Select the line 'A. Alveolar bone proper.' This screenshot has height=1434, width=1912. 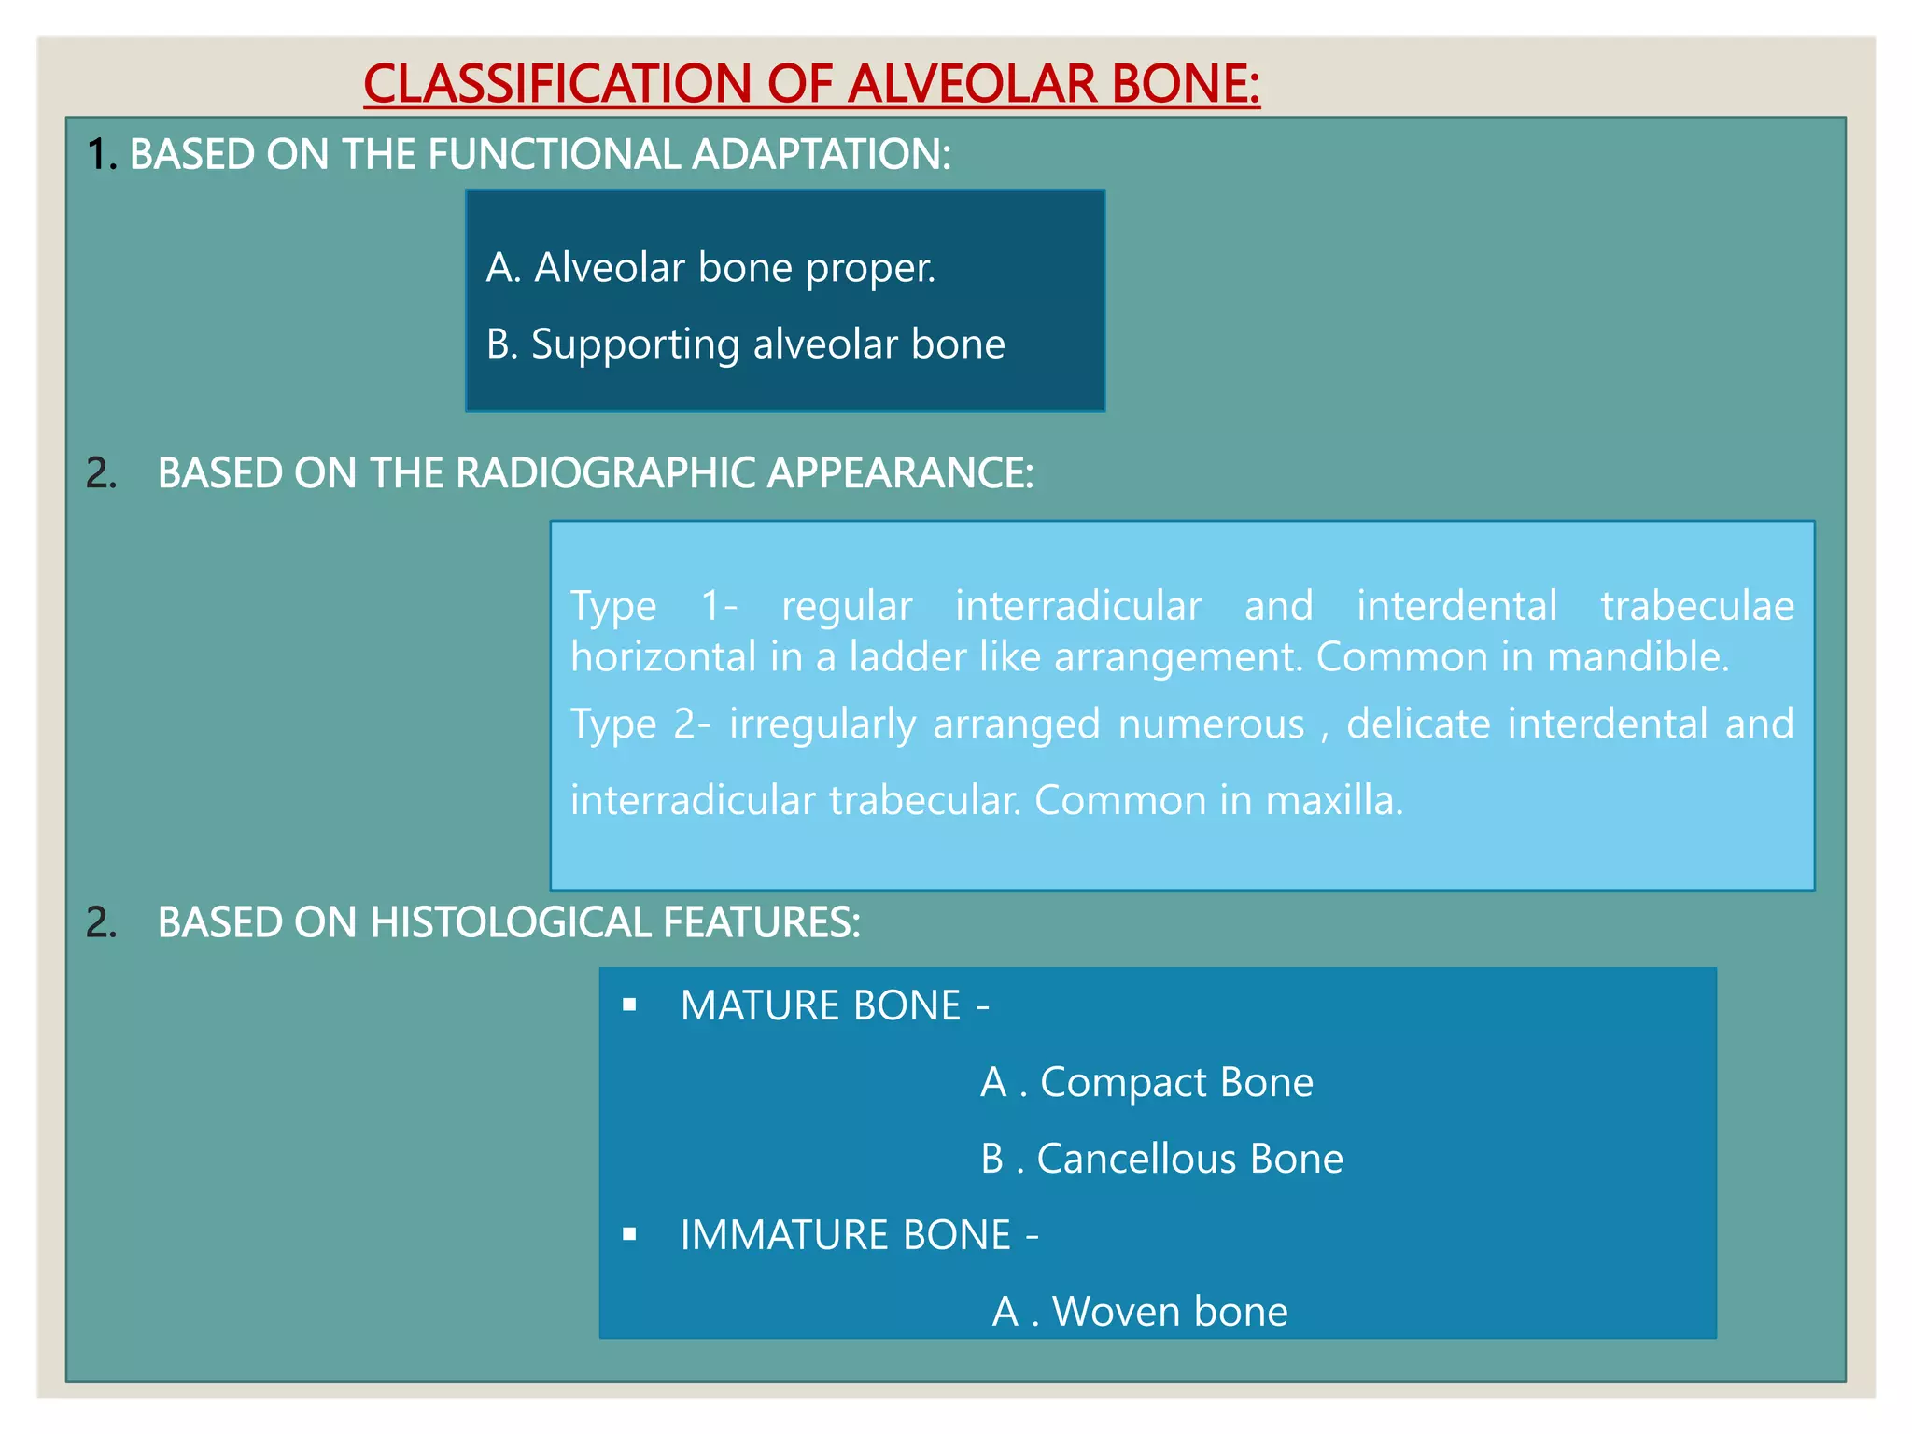pyautogui.click(x=710, y=268)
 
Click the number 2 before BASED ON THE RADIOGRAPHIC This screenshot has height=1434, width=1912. pyautogui.click(x=101, y=473)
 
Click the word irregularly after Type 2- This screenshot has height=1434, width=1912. pyautogui.click(x=822, y=724)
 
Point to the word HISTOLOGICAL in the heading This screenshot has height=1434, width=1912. pyautogui.click(x=510, y=922)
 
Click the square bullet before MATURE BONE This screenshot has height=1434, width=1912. pyautogui.click(x=630, y=1005)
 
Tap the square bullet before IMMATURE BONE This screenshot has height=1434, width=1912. pyautogui.click(x=630, y=1235)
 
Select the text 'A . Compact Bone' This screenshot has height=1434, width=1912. pyautogui.click(x=1146, y=1083)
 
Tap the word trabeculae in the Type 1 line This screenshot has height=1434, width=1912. pyautogui.click(x=1696, y=606)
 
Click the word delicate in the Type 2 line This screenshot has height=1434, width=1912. pyautogui.click(x=1417, y=724)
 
